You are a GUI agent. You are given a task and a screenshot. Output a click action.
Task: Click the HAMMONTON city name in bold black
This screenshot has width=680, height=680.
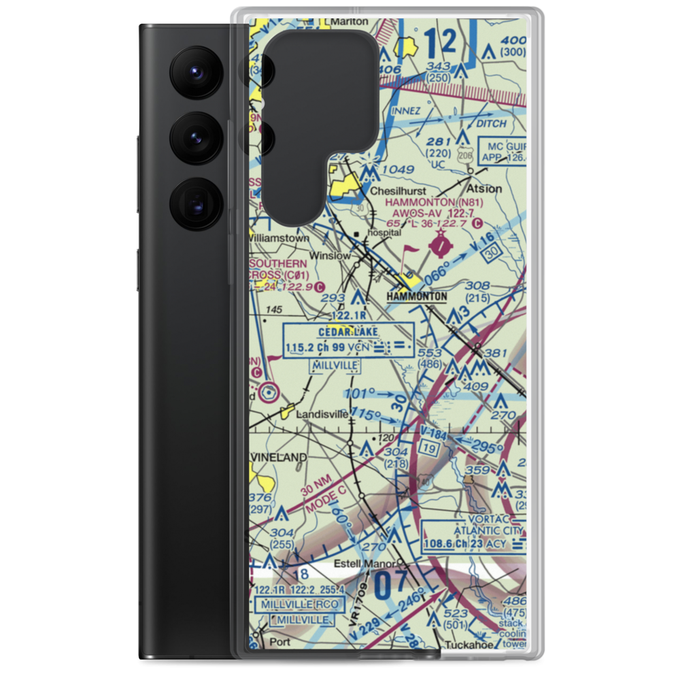point(417,296)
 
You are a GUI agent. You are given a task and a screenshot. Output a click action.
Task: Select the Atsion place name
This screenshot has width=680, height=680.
point(485,188)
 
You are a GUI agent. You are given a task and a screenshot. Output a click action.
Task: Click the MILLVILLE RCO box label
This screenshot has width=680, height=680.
point(300,605)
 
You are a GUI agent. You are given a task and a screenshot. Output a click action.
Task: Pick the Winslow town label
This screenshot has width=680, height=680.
point(329,256)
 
